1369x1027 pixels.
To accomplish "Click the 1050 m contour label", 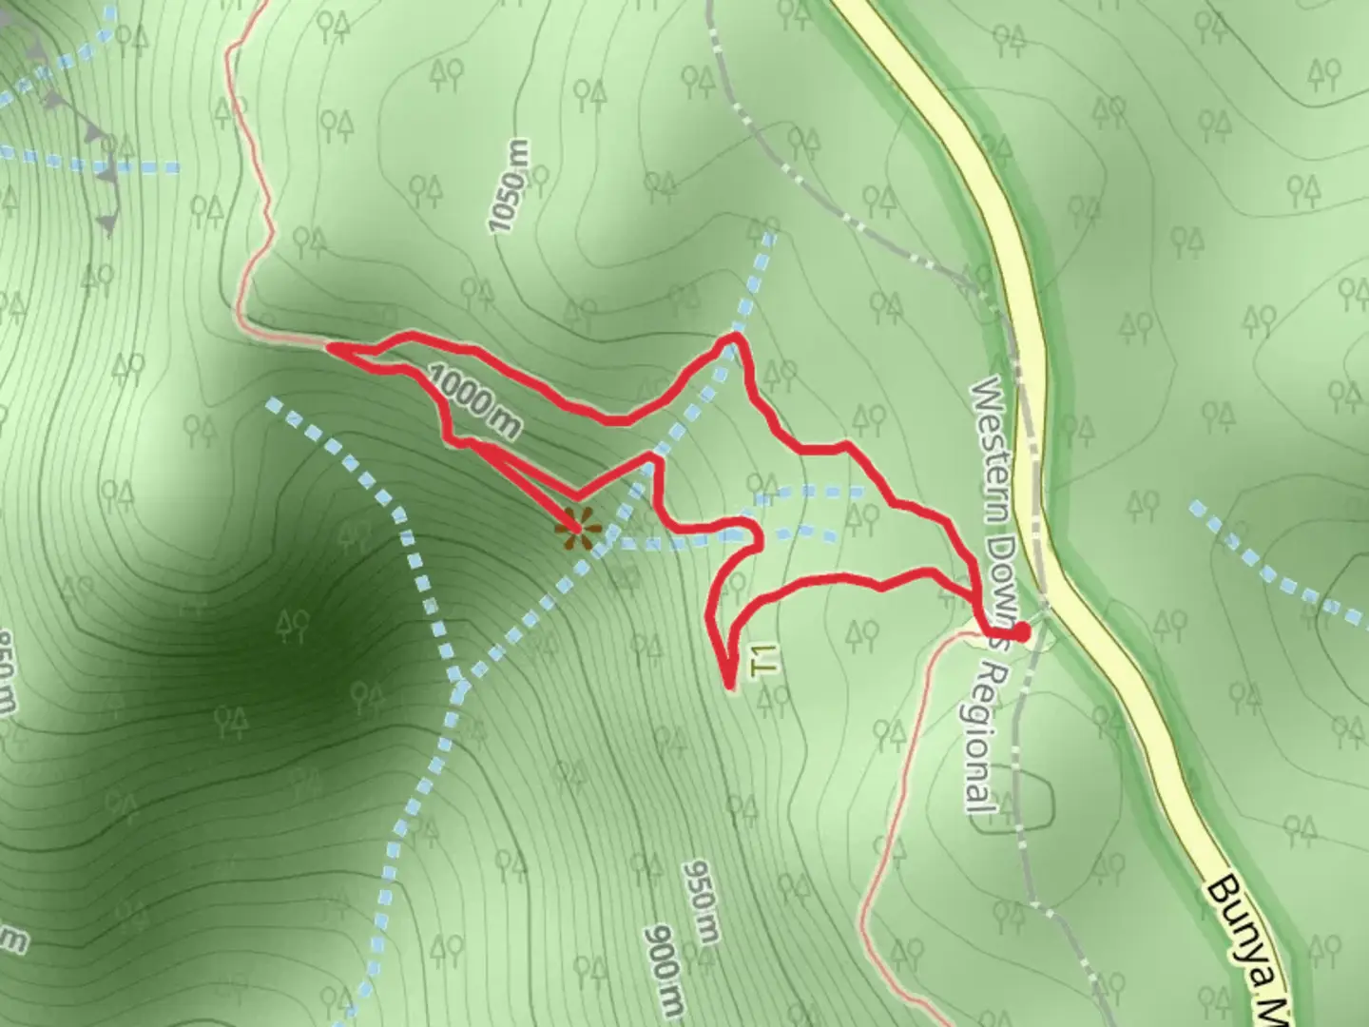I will pyautogui.click(x=508, y=186).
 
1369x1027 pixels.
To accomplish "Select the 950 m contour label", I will pyautogui.click(x=700, y=902).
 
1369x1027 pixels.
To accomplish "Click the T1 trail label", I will pyautogui.click(x=764, y=659).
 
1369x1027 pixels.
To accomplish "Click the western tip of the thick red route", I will pyautogui.click(x=331, y=349).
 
